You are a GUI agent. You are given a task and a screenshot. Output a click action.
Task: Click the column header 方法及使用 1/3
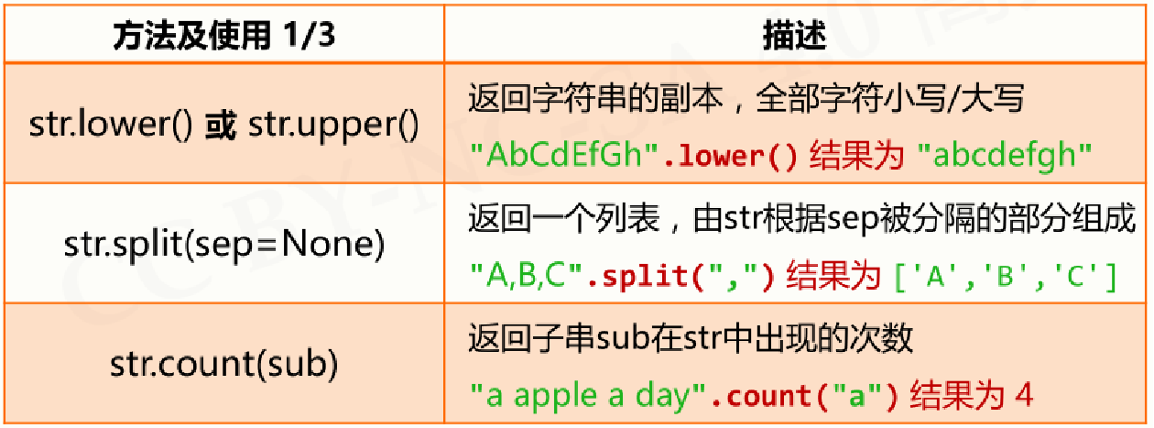click(223, 36)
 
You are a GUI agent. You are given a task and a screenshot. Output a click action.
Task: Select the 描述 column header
click(795, 36)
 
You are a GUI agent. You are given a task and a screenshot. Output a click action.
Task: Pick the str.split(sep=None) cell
click(223, 245)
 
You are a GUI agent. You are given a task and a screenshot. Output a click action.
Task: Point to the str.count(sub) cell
click(223, 365)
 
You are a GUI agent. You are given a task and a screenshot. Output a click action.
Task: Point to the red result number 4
click(1023, 395)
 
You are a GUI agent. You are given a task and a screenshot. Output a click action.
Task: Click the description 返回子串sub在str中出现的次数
click(691, 338)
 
